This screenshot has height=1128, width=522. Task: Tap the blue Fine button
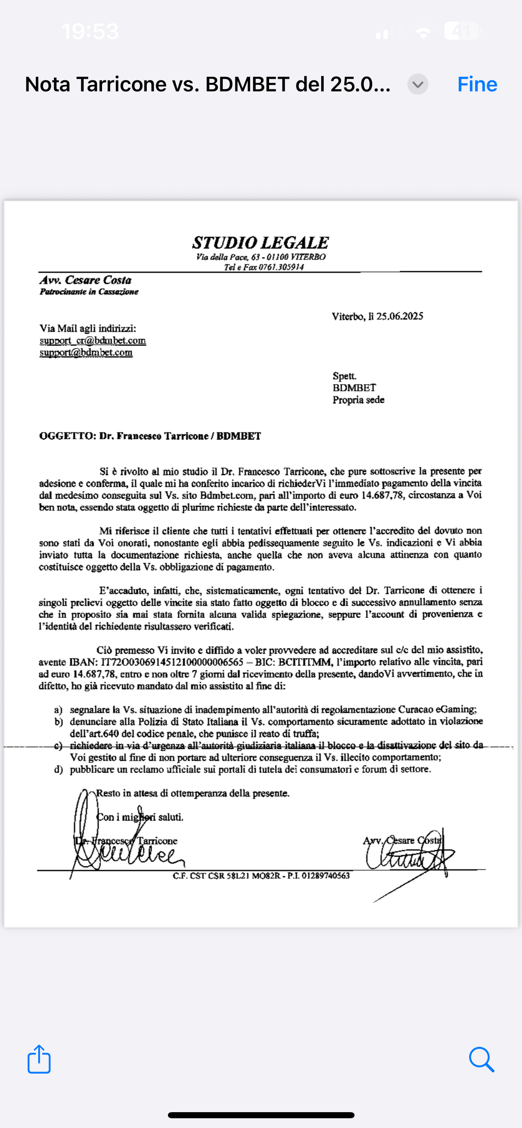pyautogui.click(x=477, y=84)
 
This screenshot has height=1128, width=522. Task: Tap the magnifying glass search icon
pyautogui.click(x=481, y=1059)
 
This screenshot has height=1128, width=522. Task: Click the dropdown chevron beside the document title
pyautogui.click(x=418, y=84)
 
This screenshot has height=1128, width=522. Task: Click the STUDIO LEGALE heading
pyautogui.click(x=260, y=242)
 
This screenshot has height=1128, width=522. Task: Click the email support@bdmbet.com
pyautogui.click(x=86, y=352)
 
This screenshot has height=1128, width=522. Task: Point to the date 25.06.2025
pyautogui.click(x=399, y=316)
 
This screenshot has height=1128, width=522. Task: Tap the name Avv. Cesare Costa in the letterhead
pyautogui.click(x=85, y=280)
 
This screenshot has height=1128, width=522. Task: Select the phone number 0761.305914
pyautogui.click(x=281, y=267)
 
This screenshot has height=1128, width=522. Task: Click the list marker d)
pyautogui.click(x=58, y=769)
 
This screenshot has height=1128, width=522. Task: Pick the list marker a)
pyautogui.click(x=58, y=710)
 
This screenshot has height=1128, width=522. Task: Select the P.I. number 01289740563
pyautogui.click(x=325, y=876)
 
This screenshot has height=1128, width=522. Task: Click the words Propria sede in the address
pyautogui.click(x=358, y=400)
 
